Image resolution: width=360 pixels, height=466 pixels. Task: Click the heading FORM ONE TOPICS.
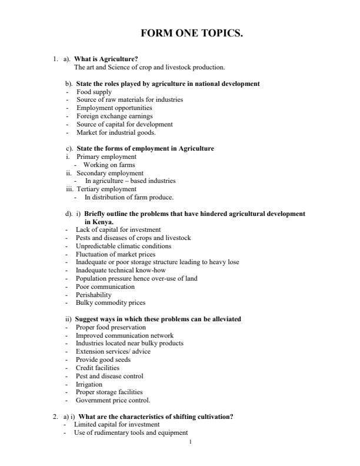click(191, 34)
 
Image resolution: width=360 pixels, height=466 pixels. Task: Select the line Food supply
click(94, 92)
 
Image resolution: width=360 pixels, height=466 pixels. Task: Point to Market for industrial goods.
click(111, 132)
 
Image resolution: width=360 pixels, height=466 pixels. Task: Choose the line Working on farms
click(109, 165)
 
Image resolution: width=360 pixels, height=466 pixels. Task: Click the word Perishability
click(94, 295)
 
